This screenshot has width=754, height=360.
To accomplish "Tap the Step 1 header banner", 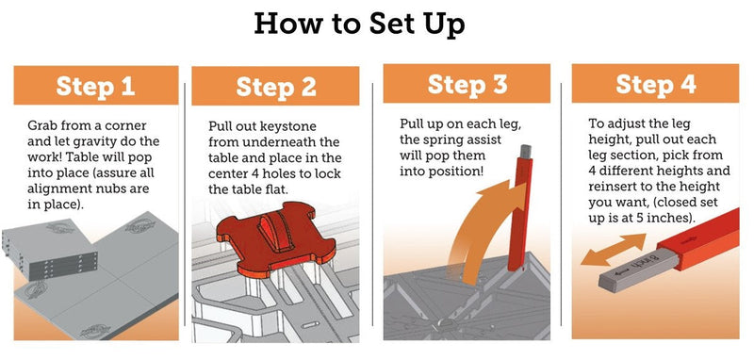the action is coord(96,85).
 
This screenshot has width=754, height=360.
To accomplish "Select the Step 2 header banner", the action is coord(275,86).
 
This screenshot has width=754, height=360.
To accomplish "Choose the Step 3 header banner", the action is coord(467,84).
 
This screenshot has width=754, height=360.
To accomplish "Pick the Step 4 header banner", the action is coord(655,84).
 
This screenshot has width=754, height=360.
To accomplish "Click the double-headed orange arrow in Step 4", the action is coord(614,249).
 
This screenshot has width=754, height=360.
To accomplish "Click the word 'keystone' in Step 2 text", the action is coord(291,126).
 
